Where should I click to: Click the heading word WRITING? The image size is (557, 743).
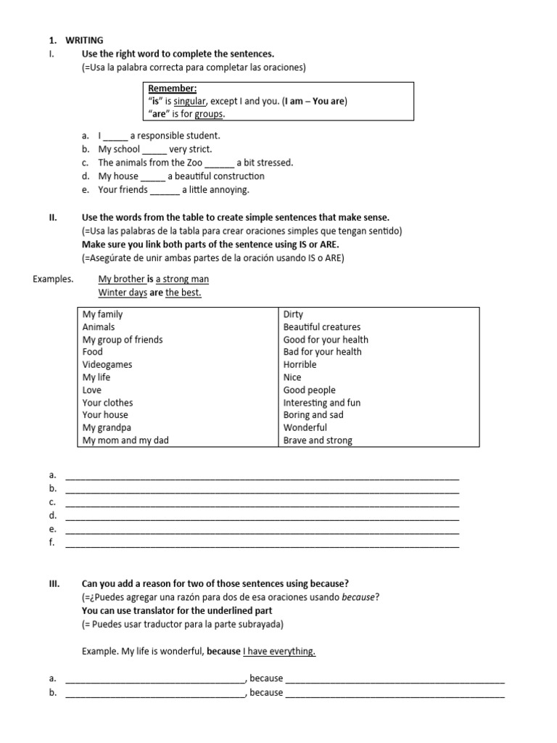[86, 41]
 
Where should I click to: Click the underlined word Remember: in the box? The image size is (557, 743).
[167, 89]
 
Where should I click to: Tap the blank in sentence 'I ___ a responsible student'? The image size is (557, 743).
[116, 136]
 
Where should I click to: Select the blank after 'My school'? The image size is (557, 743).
[154, 149]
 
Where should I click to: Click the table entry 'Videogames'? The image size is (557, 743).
[107, 364]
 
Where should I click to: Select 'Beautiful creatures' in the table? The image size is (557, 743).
[321, 327]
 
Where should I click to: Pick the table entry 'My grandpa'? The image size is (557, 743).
[107, 427]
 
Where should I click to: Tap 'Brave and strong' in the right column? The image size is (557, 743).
[318, 440]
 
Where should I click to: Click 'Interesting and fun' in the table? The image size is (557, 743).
[321, 403]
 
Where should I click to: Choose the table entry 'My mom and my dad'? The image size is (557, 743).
[125, 440]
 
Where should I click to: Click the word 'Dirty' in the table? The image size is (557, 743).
[293, 314]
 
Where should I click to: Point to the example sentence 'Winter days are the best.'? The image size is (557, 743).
[149, 293]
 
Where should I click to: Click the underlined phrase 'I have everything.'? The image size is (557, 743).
[280, 652]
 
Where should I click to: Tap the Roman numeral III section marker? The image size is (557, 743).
[53, 584]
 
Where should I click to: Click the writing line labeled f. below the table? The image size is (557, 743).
[262, 543]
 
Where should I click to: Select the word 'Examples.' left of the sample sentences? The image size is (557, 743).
[54, 279]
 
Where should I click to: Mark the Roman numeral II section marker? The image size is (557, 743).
[52, 218]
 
